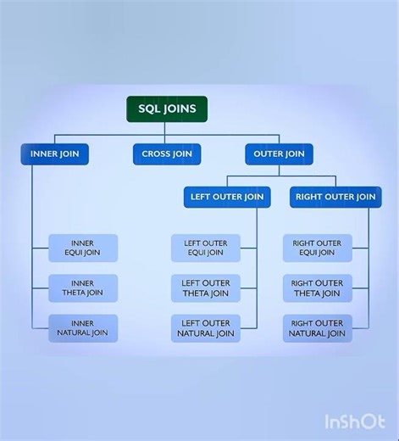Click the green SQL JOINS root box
pos(167,109)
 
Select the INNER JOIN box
pos(55,154)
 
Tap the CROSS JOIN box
pos(167,154)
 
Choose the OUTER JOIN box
pos(279,154)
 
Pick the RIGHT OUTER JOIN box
pos(335,197)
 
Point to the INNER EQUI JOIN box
pos(83,248)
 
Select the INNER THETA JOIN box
pos(83,287)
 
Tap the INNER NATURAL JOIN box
pos(83,328)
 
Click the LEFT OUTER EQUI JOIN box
pos(205,248)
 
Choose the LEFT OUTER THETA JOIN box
pos(205,287)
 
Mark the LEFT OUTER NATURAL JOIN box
pos(205,328)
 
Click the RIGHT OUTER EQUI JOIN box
pos(317,248)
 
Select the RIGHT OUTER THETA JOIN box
pos(317,287)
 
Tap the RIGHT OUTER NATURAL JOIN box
pos(317,328)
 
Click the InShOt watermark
pos(354,421)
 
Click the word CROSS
pos(157,154)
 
